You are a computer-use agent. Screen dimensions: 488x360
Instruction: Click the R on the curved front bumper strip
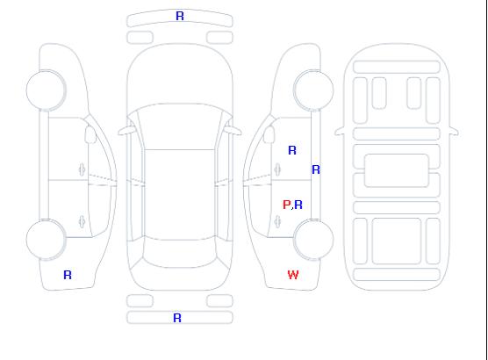click(180, 16)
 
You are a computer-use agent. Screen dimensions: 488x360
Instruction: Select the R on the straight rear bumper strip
click(177, 318)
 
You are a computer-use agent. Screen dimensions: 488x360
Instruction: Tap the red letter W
click(293, 275)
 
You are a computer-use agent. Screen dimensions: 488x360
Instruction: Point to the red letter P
click(287, 205)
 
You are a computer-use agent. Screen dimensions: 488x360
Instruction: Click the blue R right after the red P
click(298, 205)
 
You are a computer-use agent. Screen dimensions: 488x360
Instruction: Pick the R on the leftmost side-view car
click(68, 275)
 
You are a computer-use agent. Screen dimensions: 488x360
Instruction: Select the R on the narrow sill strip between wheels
click(316, 169)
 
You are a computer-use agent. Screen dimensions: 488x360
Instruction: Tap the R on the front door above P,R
click(292, 150)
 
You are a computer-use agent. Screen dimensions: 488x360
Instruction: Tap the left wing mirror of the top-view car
click(126, 131)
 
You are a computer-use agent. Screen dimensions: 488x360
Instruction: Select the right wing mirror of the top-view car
click(233, 131)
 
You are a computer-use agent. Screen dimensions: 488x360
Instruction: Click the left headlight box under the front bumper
click(140, 38)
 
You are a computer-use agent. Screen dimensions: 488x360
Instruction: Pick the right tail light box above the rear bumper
click(219, 301)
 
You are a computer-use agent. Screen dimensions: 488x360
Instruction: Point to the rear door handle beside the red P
click(277, 221)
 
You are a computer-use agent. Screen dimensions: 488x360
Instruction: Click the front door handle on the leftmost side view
click(83, 169)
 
